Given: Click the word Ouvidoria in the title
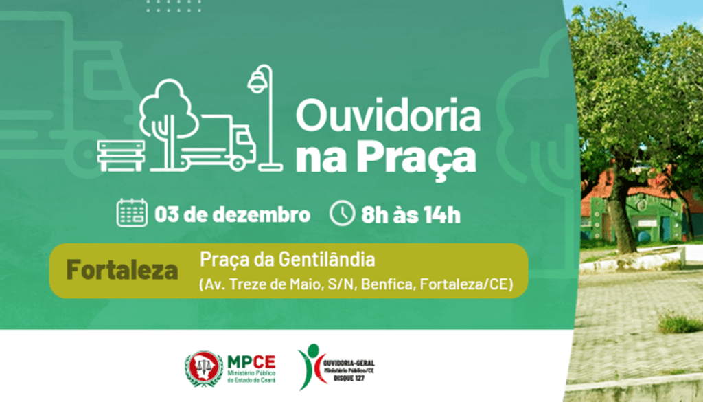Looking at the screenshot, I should pyautogui.click(x=388, y=116).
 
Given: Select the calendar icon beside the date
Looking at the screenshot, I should pyautogui.click(x=132, y=213).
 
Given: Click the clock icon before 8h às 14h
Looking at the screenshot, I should pyautogui.click(x=341, y=213).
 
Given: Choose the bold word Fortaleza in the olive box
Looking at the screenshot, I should pyautogui.click(x=122, y=270).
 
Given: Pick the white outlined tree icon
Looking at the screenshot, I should pyautogui.click(x=165, y=117).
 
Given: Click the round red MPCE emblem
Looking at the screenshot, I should pyautogui.click(x=204, y=368).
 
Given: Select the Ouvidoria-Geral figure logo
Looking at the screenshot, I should pyautogui.click(x=310, y=366).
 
